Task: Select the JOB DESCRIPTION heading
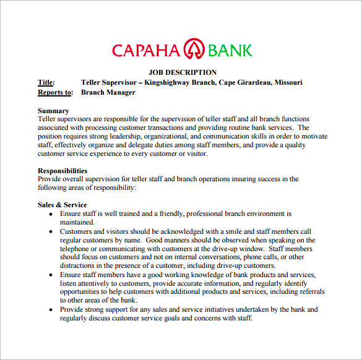pyautogui.click(x=183, y=73)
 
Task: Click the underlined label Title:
pyautogui.click(x=46, y=82)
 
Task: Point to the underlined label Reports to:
pyautogui.click(x=55, y=92)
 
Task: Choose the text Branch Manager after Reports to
pyautogui.click(x=108, y=92)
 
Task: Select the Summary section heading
pyautogui.click(x=53, y=111)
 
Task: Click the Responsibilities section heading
pyautogui.click(x=62, y=171)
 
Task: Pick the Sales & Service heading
pyautogui.click(x=62, y=205)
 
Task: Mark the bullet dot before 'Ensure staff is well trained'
pyautogui.click(x=51, y=214)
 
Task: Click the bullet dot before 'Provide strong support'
pyautogui.click(x=51, y=309)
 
